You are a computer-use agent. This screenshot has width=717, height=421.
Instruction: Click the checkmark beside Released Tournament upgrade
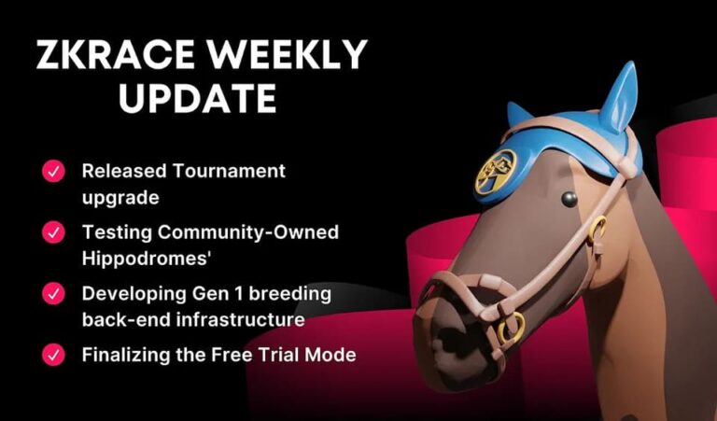pos(53,171)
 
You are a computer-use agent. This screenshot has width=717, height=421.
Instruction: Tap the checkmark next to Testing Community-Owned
pos(53,232)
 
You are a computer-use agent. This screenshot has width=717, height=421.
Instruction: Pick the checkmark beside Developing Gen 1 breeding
pos(53,294)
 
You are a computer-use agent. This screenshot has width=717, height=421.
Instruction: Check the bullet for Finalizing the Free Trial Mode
pos(53,355)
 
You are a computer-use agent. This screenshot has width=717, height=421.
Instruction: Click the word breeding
pos(292,293)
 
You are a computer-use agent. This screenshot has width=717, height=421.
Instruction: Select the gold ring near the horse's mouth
pos(511,328)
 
